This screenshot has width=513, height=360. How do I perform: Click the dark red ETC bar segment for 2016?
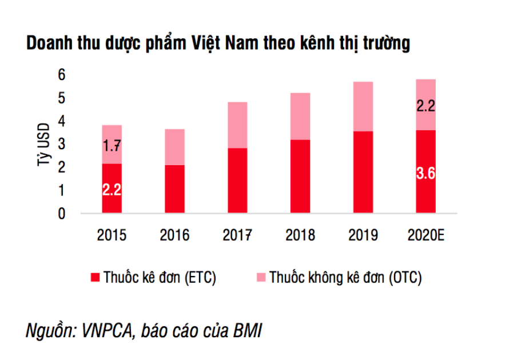(x=175, y=189)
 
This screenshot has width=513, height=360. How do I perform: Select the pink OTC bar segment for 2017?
(x=237, y=125)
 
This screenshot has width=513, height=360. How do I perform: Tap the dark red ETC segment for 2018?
(x=300, y=177)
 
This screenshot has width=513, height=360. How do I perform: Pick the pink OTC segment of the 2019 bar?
(x=363, y=106)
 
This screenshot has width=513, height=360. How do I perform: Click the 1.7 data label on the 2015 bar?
(x=112, y=146)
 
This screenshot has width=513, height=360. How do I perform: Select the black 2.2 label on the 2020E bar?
(x=426, y=105)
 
